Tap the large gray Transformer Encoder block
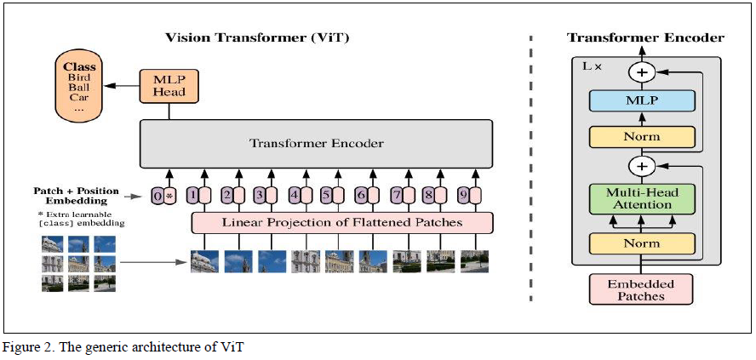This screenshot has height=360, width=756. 316,143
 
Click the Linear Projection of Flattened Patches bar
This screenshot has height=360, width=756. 341,223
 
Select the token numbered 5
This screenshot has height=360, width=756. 331,195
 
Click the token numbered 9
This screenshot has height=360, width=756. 467,195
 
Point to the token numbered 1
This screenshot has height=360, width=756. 198,195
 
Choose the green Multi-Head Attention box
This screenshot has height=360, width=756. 643,198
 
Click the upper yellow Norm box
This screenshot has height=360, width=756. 643,136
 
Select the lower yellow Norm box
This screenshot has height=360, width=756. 643,244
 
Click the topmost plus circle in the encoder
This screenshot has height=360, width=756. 643,72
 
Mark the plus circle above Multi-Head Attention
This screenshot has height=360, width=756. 643,165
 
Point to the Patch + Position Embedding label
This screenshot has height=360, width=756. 77,195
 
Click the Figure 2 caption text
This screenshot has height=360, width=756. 124,346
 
